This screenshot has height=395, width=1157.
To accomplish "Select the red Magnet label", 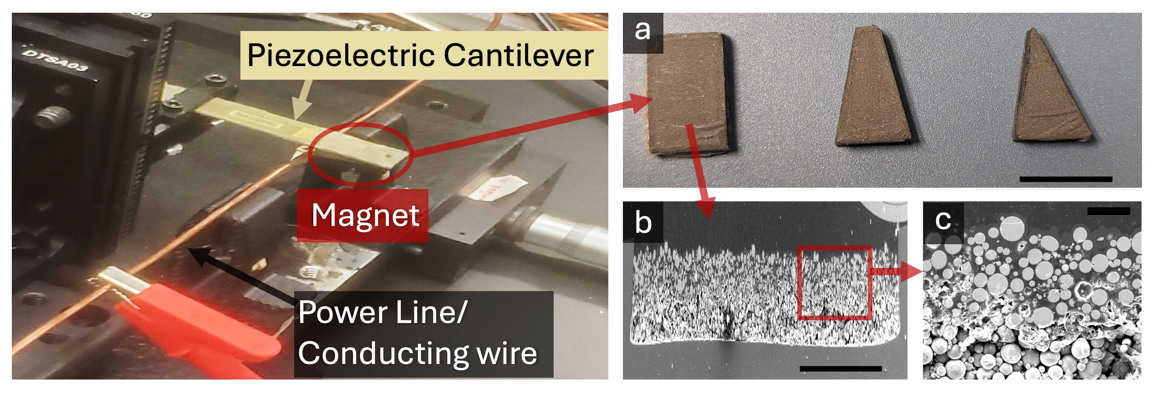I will click(x=363, y=215).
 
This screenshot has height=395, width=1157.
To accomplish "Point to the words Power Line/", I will click(x=382, y=313).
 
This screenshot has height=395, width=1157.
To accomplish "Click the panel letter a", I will click(x=642, y=31).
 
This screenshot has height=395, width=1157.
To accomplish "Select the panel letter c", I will click(x=943, y=221).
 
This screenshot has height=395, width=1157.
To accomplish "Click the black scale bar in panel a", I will click(x=1065, y=179).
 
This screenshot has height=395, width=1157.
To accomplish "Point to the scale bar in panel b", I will click(x=840, y=368).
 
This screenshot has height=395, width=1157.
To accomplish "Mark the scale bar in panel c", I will click(x=1108, y=211).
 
